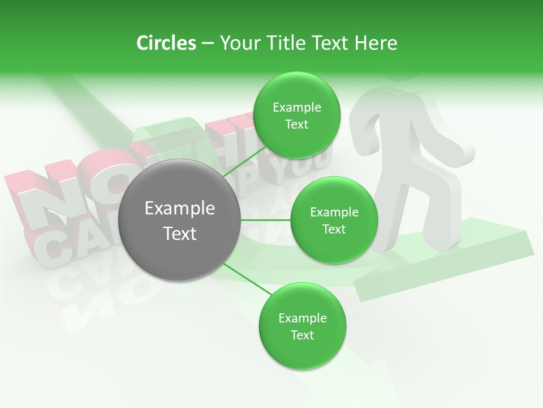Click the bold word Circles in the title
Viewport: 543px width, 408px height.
tap(166, 43)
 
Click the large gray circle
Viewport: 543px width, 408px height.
tap(180, 220)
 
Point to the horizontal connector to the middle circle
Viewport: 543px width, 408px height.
tap(266, 220)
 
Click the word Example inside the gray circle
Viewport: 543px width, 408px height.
tap(180, 209)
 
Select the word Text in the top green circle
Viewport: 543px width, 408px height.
tap(296, 125)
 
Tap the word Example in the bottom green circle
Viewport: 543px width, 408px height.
tap(303, 318)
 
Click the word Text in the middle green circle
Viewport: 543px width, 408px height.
tap(334, 229)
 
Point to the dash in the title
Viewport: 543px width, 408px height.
tap(207, 44)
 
